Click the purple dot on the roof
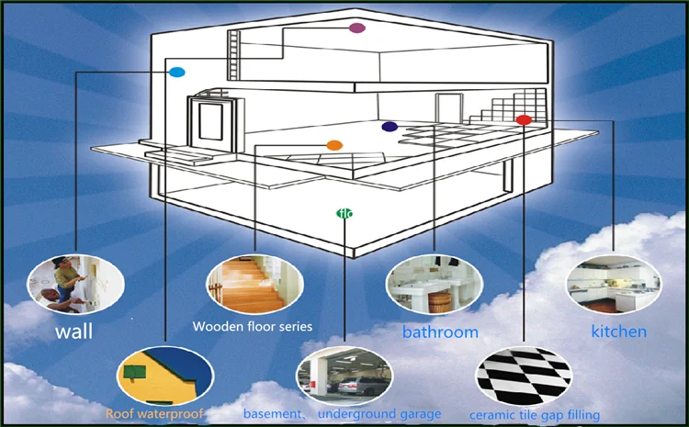point(357,28)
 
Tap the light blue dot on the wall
point(177,72)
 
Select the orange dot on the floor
point(334,145)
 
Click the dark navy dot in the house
point(390,127)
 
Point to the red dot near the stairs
point(523,119)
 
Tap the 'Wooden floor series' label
point(253,326)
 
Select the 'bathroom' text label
point(440,331)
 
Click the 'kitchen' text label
point(617,331)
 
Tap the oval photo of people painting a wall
point(75,283)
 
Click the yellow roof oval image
point(165,374)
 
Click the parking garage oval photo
point(344,374)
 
